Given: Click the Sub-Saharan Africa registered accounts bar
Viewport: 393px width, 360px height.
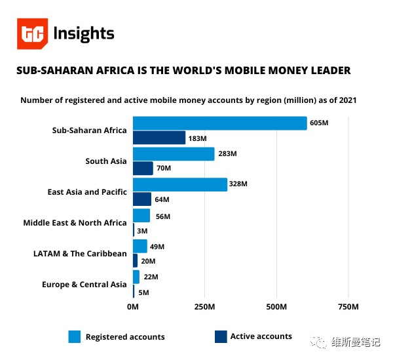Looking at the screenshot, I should click(219, 123).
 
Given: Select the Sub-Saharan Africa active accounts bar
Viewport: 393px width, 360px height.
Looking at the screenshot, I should click(159, 138).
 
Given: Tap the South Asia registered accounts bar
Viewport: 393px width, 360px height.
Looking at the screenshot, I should click(174, 154).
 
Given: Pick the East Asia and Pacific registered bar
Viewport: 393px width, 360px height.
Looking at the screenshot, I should click(180, 185).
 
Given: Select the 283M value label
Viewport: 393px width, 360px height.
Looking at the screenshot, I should click(227, 154).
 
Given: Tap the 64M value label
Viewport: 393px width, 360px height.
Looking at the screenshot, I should click(161, 199).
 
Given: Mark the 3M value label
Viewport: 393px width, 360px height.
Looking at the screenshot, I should click(142, 231).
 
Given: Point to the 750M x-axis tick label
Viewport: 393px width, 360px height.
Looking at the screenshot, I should click(348, 307).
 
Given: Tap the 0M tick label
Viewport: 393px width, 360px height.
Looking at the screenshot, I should click(133, 307).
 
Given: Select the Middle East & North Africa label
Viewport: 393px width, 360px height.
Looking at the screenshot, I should click(75, 223).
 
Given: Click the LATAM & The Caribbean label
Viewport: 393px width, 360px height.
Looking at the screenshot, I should click(80, 254).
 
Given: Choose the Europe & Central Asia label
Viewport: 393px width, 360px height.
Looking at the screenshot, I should click(84, 285).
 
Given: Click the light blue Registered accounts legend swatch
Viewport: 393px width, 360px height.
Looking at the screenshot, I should click(74, 336).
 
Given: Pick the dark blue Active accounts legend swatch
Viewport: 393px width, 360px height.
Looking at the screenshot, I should click(221, 336).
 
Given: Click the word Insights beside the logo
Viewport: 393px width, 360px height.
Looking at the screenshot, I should click(83, 34).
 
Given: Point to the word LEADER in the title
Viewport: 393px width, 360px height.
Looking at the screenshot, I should click(327, 70).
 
